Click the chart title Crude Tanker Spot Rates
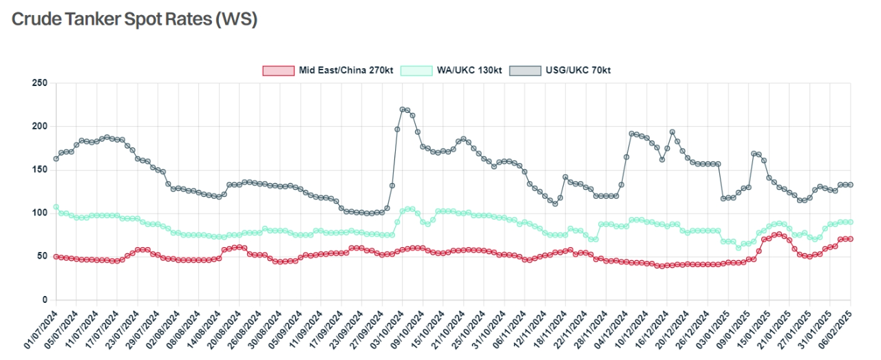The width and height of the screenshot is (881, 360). (134, 19)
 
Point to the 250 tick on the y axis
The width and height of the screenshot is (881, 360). (40, 83)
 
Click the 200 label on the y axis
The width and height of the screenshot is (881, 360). (40, 127)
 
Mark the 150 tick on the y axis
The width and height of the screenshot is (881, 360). (40, 170)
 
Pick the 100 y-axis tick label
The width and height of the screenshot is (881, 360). (40, 213)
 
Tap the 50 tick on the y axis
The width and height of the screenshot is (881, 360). (42, 257)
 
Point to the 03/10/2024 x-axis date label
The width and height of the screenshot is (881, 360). (388, 329)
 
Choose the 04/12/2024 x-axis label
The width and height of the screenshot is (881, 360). (613, 329)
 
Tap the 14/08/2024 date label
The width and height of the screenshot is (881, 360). (204, 329)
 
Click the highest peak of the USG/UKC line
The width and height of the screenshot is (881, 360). (402, 109)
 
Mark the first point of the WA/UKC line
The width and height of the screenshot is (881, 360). (56, 207)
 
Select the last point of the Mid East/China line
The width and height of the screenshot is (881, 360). (851, 239)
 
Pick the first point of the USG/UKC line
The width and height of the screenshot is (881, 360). (56, 159)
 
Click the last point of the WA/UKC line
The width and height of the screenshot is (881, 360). (851, 222)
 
